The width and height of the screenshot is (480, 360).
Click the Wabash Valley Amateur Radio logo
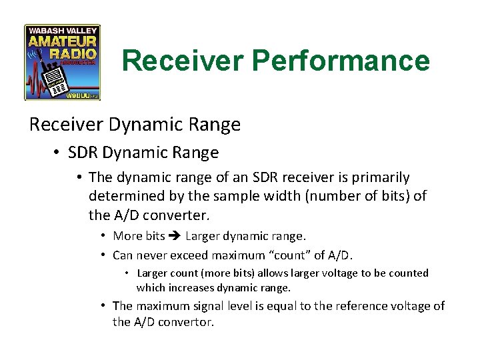62,63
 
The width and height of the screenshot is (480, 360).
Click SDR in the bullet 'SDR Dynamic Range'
83,153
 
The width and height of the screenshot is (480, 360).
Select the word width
285,197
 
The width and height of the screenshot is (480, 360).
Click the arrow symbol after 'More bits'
175,235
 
